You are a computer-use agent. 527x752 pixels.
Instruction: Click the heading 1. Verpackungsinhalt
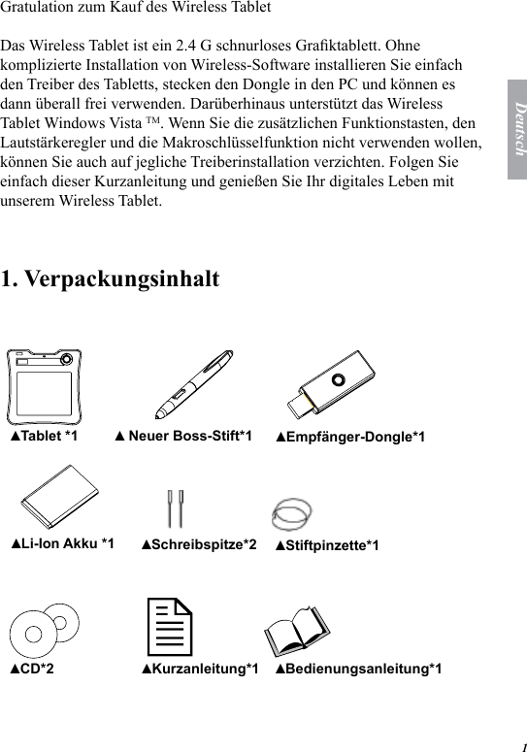click(x=110, y=279)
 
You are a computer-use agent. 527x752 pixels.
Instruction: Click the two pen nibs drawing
click(x=177, y=507)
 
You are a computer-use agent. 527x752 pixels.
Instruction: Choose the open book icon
click(x=298, y=630)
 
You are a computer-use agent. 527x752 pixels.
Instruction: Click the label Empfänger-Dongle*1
click(x=350, y=438)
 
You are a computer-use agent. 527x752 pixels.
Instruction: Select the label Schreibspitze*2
click(x=199, y=545)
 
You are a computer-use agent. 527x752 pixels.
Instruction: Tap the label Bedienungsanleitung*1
click(x=359, y=669)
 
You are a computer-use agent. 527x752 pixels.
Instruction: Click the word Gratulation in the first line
click(x=38, y=8)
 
